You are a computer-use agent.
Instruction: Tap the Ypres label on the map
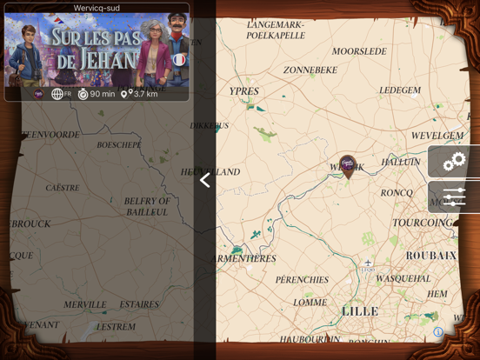pyautogui.click(x=243, y=91)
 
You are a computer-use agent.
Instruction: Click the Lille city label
pyautogui.click(x=360, y=311)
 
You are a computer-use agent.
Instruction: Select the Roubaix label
pyautogui.click(x=430, y=256)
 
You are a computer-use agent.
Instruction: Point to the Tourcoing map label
pyautogui.click(x=423, y=223)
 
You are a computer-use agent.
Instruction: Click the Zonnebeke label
pyautogui.click(x=310, y=70)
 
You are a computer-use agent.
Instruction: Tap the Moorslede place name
pyautogui.click(x=359, y=52)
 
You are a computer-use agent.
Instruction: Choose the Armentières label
pyautogui.click(x=245, y=259)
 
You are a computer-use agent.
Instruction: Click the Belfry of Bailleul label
pyautogui.click(x=147, y=206)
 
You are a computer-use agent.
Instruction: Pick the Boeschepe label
pyautogui.click(x=119, y=145)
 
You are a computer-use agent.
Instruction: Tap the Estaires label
pyautogui.click(x=139, y=305)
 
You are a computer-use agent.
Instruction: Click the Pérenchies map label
pyautogui.click(x=302, y=280)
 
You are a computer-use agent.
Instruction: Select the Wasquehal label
pyautogui.click(x=403, y=279)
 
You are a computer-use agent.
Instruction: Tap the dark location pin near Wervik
pyautogui.click(x=348, y=165)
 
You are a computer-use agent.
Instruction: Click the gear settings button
pyautogui.click(x=454, y=162)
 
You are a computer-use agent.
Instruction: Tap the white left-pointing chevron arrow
pyautogui.click(x=205, y=180)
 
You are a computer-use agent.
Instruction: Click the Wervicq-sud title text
pyautogui.click(x=97, y=8)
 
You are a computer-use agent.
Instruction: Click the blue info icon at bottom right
pyautogui.click(x=438, y=332)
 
